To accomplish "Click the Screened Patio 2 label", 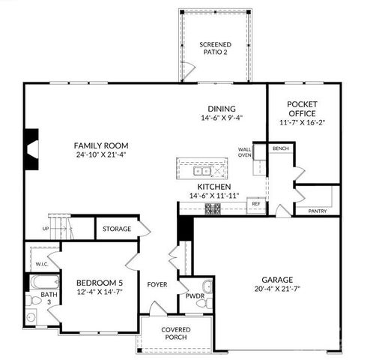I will (215, 49).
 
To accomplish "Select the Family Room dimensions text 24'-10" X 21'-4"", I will (101, 155).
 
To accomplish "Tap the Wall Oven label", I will (244, 151).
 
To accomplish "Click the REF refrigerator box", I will (256, 204).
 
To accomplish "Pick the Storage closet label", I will (117, 229).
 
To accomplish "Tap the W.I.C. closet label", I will (41, 265).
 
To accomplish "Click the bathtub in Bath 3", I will (39, 284).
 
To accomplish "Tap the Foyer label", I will (157, 284).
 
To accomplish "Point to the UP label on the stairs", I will (46, 229).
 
